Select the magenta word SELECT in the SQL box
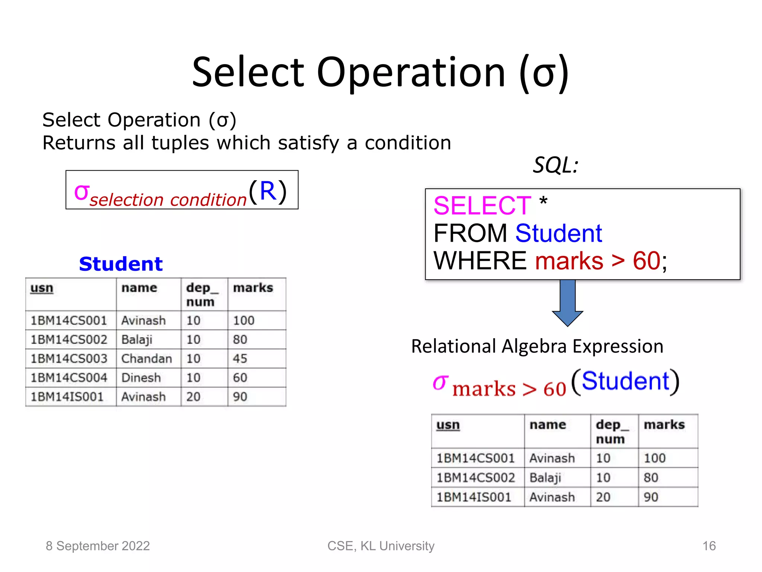482,206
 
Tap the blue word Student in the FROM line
558,233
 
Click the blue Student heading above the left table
121,264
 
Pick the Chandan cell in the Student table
147,359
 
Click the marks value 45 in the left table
240,359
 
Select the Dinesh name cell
141,378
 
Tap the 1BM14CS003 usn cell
69,359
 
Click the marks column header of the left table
253,288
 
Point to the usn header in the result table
448,425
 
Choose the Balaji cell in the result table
545,478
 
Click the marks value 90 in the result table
651,497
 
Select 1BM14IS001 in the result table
474,497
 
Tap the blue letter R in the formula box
268,191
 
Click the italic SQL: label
556,165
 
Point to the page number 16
709,546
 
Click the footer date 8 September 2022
97,546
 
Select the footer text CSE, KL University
381,546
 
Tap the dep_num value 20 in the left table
193,397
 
